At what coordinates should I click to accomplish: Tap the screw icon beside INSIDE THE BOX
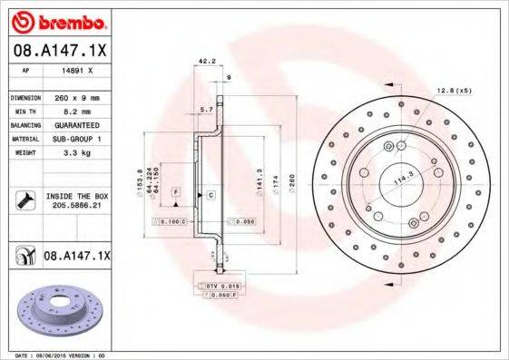pyautogui.click(x=22, y=200)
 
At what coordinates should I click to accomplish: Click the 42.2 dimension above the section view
pyautogui.click(x=206, y=63)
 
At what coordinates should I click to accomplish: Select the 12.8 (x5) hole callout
pyautogui.click(x=454, y=92)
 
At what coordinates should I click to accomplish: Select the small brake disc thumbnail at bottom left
pyautogui.click(x=55, y=316)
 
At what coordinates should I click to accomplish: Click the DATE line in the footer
pyautogui.click(x=54, y=355)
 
